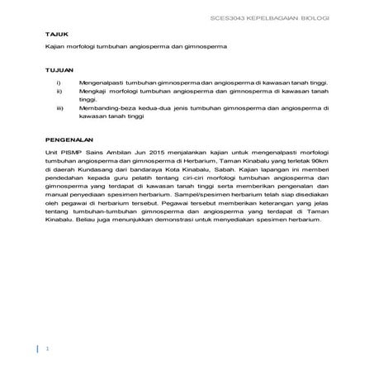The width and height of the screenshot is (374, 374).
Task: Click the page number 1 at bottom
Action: pos(48,348)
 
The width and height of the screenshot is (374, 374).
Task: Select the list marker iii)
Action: pos(59,108)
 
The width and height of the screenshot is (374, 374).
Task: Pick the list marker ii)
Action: pos(59,92)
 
